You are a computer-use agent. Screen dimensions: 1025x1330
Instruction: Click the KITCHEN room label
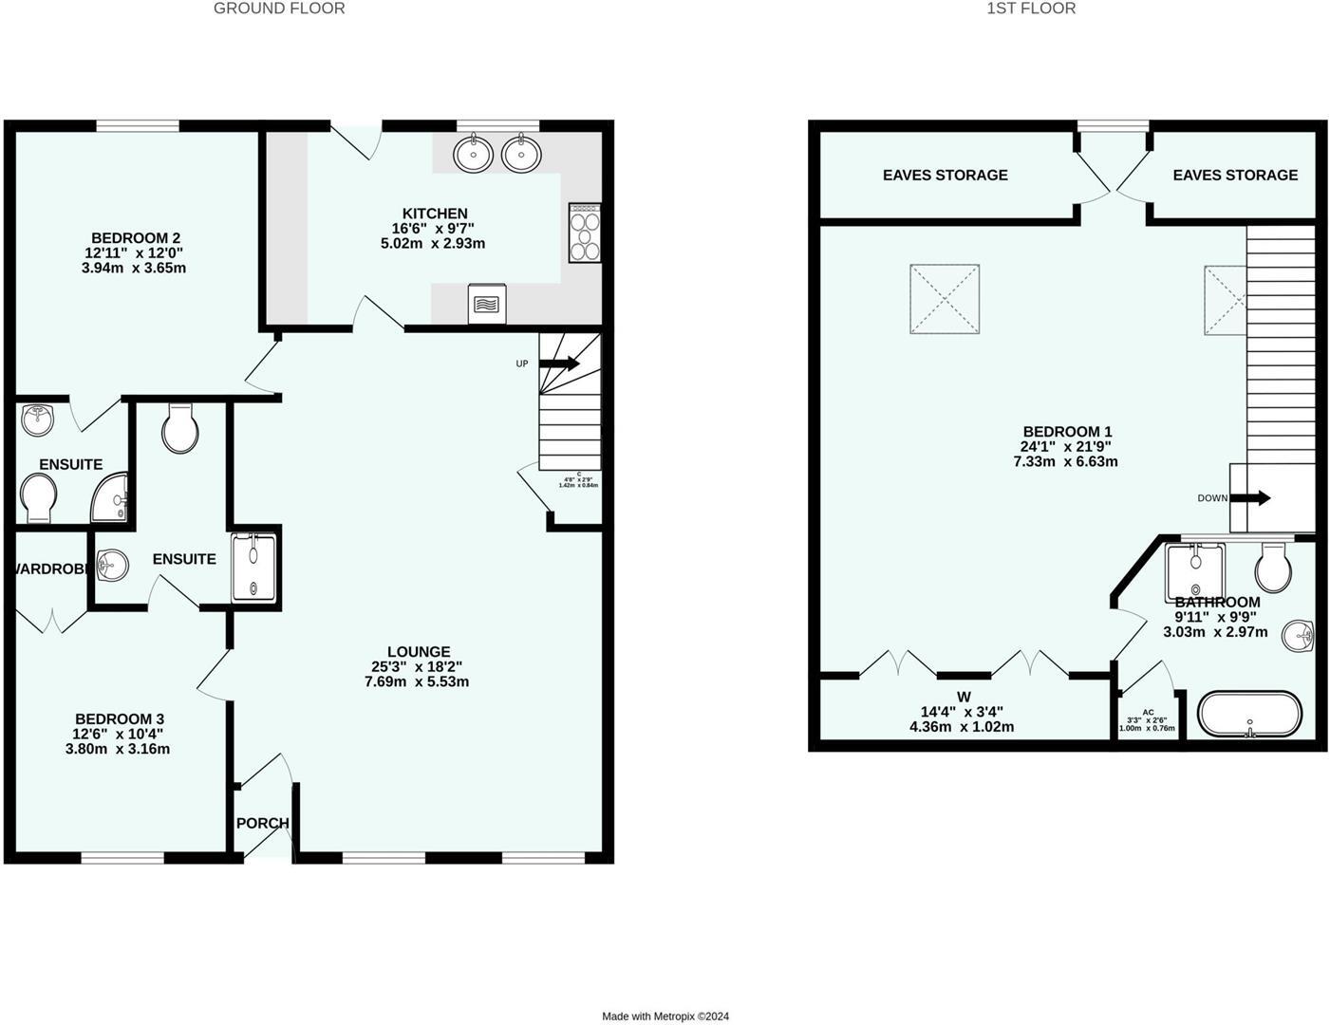pyautogui.click(x=435, y=214)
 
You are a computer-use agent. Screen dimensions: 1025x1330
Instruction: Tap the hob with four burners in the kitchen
pyautogui.click(x=584, y=233)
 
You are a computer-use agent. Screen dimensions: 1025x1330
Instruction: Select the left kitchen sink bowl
pyautogui.click(x=472, y=153)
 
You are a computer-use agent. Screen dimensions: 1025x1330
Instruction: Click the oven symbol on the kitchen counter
pyautogui.click(x=486, y=304)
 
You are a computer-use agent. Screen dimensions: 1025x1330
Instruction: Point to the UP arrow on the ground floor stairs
pyautogui.click(x=559, y=363)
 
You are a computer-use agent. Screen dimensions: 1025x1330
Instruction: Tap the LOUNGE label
pyautogui.click(x=419, y=652)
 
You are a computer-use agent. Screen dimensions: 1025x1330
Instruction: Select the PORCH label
pyautogui.click(x=262, y=823)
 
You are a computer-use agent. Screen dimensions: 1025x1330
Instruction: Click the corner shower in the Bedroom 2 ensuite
pyautogui.click(x=111, y=499)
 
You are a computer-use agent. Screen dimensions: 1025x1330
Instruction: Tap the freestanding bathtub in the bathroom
pyautogui.click(x=1249, y=715)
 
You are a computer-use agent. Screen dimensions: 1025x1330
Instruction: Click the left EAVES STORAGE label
pyautogui.click(x=945, y=175)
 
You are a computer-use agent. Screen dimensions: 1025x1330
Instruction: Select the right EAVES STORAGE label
pyautogui.click(x=1234, y=175)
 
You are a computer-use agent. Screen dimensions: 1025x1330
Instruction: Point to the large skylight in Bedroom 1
pyautogui.click(x=945, y=299)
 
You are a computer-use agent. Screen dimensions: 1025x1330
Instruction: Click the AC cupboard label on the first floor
pyautogui.click(x=1148, y=712)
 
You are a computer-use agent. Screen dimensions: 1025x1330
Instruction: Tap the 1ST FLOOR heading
pyautogui.click(x=1031, y=9)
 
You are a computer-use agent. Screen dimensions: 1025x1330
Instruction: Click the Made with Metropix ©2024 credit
pyautogui.click(x=665, y=1016)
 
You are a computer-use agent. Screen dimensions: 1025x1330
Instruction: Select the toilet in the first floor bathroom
pyautogui.click(x=1273, y=569)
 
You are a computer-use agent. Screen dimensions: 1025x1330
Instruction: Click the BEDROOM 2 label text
pyautogui.click(x=136, y=238)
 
